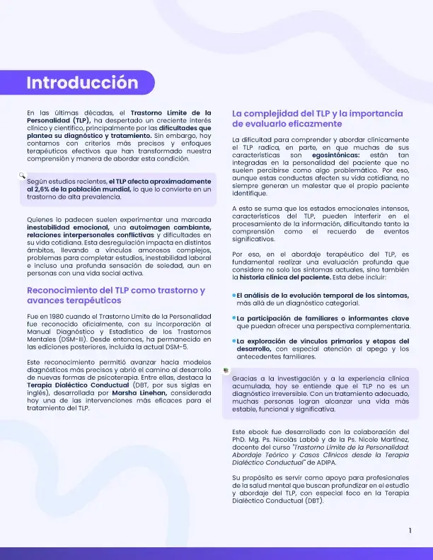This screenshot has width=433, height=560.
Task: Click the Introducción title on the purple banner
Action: [x=82, y=83]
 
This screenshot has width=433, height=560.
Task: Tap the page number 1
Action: [x=410, y=530]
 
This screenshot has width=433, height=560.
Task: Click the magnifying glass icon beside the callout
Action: [x=23, y=174]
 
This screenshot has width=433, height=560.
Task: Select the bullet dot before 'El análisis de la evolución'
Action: [x=234, y=295]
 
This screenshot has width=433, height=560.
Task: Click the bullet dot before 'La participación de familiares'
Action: [x=234, y=318]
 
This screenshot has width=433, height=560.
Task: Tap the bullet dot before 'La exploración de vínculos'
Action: [x=234, y=341]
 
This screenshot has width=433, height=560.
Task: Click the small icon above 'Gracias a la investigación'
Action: [x=226, y=370]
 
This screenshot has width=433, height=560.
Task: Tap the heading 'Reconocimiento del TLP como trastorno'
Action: [x=115, y=291]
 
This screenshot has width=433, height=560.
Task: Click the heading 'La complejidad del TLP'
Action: [x=317, y=113]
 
